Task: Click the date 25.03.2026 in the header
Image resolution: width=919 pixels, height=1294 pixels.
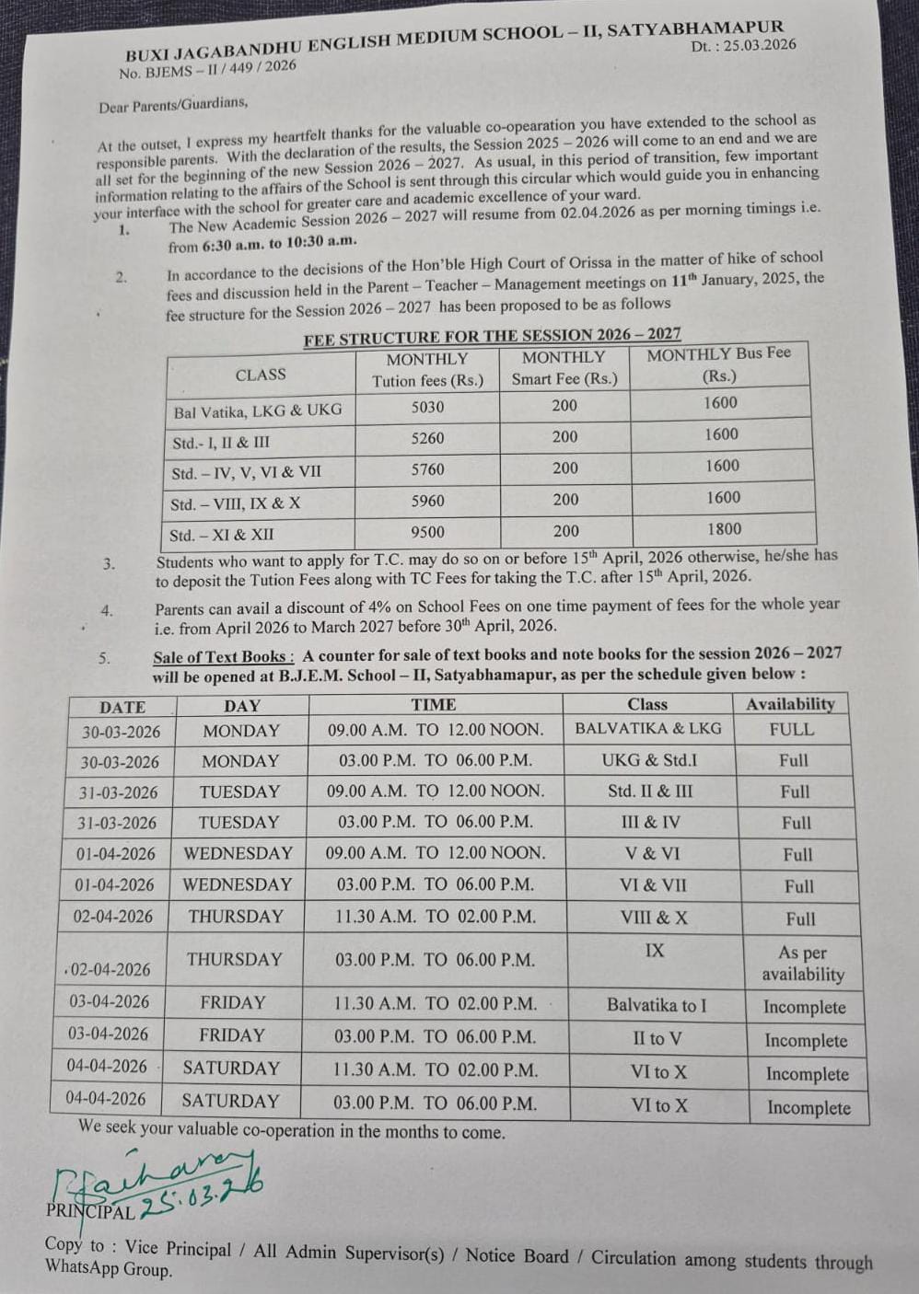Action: (x=759, y=45)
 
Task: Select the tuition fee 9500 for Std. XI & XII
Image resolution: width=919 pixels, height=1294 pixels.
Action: (x=427, y=532)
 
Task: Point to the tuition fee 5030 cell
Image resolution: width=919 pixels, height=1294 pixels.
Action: (x=427, y=407)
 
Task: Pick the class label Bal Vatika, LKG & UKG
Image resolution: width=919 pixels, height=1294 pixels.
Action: (x=258, y=410)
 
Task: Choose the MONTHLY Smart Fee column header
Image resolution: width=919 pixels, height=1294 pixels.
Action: (x=564, y=368)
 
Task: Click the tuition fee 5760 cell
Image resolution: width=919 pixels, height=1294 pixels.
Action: (x=427, y=469)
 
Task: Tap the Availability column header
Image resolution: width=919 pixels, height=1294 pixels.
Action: (x=790, y=704)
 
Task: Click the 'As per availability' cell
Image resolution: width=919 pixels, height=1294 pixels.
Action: (x=802, y=964)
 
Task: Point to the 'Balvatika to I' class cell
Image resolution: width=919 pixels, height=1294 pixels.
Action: (x=657, y=1005)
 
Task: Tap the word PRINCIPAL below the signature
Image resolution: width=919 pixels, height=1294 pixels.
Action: (x=90, y=1211)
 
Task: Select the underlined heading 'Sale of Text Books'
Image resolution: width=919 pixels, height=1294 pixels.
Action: (x=223, y=657)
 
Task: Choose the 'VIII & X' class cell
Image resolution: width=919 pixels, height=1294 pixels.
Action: (x=654, y=918)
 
